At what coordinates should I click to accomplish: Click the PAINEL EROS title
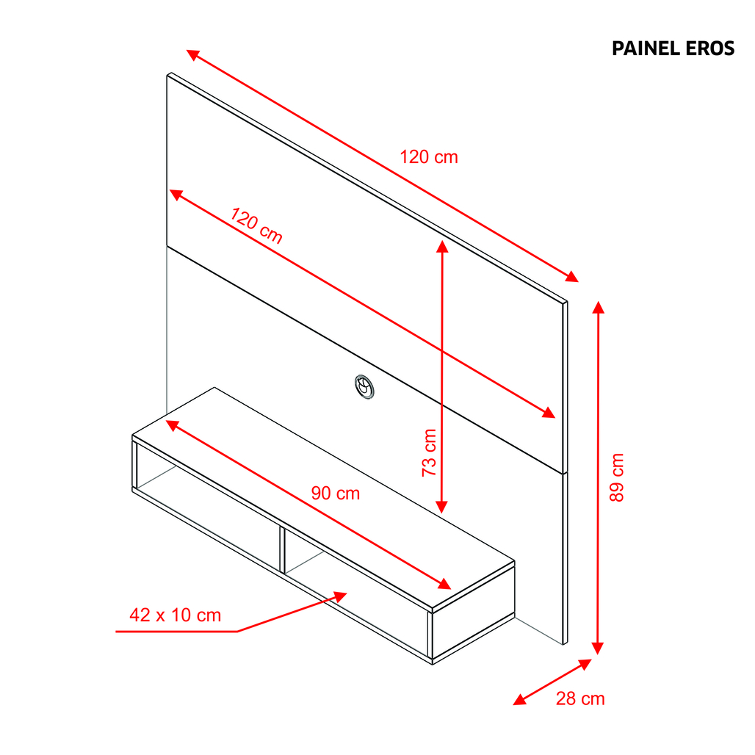tap(673, 48)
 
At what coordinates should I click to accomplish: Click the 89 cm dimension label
tap(617, 477)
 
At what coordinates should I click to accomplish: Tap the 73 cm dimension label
tap(429, 452)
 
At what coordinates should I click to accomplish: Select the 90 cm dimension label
tap(336, 493)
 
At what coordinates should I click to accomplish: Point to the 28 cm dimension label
tap(580, 698)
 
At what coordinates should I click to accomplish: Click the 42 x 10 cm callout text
tap(176, 615)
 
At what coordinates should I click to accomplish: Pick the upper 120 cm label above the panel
tap(429, 157)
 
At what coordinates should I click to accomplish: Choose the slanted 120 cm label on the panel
tap(256, 225)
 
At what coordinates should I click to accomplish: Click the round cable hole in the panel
tap(364, 386)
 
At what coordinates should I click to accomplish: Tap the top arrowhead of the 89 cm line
tap(598, 307)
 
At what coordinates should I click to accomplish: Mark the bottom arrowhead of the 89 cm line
tap(598, 648)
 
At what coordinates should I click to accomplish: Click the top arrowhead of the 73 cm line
tap(442, 246)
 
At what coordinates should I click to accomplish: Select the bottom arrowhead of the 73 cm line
tap(441, 507)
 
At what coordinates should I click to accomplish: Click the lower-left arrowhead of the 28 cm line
tap(519, 700)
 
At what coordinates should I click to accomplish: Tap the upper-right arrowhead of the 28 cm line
tap(585, 664)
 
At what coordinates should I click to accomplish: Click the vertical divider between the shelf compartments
tap(282, 549)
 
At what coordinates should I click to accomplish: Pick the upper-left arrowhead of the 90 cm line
tap(173, 425)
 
